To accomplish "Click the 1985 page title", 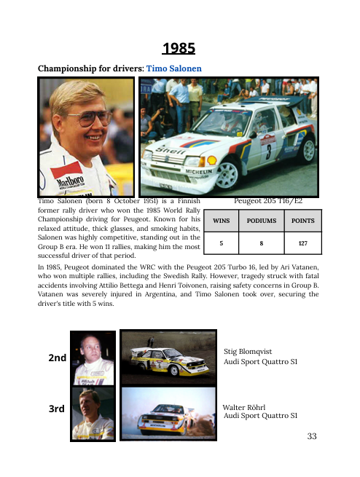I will tap(179, 49).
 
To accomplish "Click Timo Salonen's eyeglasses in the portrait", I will tap(85, 118).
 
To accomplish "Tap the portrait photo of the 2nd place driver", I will tap(92, 358).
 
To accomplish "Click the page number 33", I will tap(313, 437).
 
